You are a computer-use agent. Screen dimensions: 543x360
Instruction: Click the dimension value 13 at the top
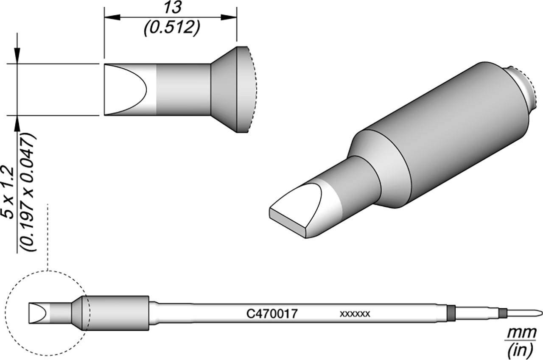[x=173, y=8]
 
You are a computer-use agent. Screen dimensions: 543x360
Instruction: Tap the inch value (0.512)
[x=172, y=28]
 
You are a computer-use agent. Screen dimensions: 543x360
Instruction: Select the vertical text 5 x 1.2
[x=9, y=193]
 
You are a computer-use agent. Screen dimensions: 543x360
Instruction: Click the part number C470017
[x=272, y=314]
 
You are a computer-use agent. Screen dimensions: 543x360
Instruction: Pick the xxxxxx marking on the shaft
[x=355, y=314]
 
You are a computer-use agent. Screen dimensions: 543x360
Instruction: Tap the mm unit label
[x=521, y=334]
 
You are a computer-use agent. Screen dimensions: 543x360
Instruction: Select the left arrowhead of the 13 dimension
[x=112, y=17]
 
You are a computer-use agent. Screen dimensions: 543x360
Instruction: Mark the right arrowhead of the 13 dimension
[x=229, y=17]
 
